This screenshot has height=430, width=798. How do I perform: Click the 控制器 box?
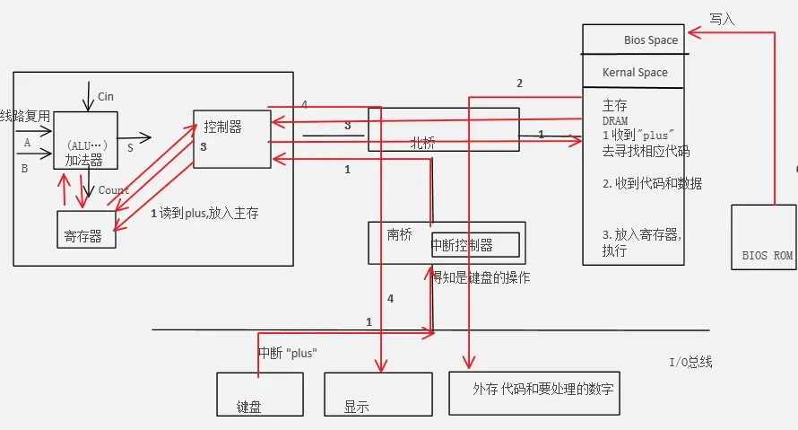[x=231, y=138]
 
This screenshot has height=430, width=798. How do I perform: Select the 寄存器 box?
[x=86, y=229]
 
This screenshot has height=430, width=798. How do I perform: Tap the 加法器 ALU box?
[x=85, y=149]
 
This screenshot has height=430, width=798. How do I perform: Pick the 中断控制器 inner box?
[x=462, y=245]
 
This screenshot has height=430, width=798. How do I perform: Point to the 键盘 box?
[x=261, y=394]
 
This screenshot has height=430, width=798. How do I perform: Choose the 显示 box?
[x=369, y=394]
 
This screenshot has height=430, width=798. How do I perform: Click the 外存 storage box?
[x=533, y=391]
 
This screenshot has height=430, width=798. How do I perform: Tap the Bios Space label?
[x=651, y=40]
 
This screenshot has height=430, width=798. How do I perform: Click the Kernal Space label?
[x=635, y=72]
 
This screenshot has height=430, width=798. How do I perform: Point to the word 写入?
[x=722, y=18]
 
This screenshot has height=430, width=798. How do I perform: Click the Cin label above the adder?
[x=106, y=96]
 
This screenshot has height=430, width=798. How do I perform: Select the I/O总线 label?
[x=690, y=363]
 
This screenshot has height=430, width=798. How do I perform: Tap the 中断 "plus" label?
[x=288, y=352]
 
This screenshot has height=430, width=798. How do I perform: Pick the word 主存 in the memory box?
[x=615, y=106]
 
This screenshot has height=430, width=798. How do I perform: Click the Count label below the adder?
[x=114, y=190]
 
